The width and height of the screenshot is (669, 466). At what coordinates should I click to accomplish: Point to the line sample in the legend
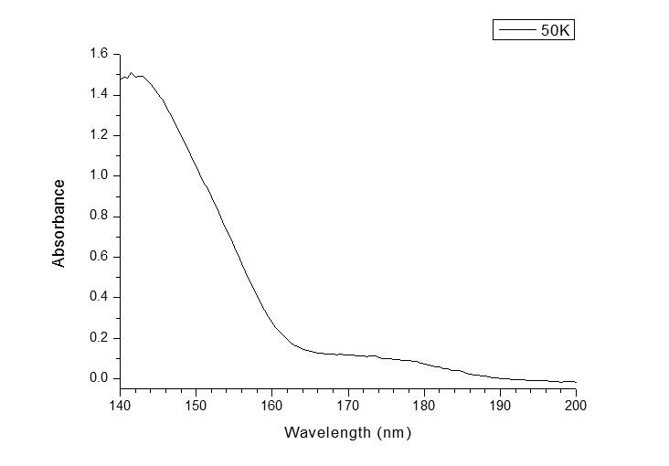pos(517,30)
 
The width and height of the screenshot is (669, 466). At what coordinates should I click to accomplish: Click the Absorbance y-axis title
pos(59,223)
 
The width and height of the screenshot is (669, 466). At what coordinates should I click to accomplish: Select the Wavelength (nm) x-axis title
pos(347,432)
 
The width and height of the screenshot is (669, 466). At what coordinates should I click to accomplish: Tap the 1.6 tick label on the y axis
pos(99,55)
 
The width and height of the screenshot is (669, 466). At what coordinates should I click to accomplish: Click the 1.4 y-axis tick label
pos(99,95)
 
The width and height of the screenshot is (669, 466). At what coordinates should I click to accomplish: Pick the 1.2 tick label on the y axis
pos(99,135)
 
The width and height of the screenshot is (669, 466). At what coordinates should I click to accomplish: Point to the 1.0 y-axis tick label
pos(99,175)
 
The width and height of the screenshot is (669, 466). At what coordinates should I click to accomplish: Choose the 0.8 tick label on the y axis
pos(99,217)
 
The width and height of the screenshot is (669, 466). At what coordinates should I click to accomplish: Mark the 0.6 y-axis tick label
pos(99,257)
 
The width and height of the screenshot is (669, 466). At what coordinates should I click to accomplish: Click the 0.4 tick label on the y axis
pos(99,297)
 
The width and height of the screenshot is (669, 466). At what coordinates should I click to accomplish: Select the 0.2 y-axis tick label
pos(99,338)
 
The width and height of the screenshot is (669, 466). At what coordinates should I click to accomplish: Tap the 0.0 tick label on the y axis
pos(99,378)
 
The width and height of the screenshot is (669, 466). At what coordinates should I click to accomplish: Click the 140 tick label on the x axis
pos(120,405)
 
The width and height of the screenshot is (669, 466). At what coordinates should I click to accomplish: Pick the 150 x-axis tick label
pos(196,405)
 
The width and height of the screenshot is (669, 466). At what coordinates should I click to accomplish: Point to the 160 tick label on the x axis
pos(272,405)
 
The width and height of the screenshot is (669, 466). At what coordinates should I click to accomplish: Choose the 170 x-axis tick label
pos(348,405)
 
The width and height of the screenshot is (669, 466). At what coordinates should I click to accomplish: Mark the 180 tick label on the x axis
pos(424,405)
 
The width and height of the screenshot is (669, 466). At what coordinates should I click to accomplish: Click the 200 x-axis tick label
pos(576,405)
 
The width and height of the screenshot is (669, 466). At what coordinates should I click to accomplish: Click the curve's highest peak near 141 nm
pos(131,73)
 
